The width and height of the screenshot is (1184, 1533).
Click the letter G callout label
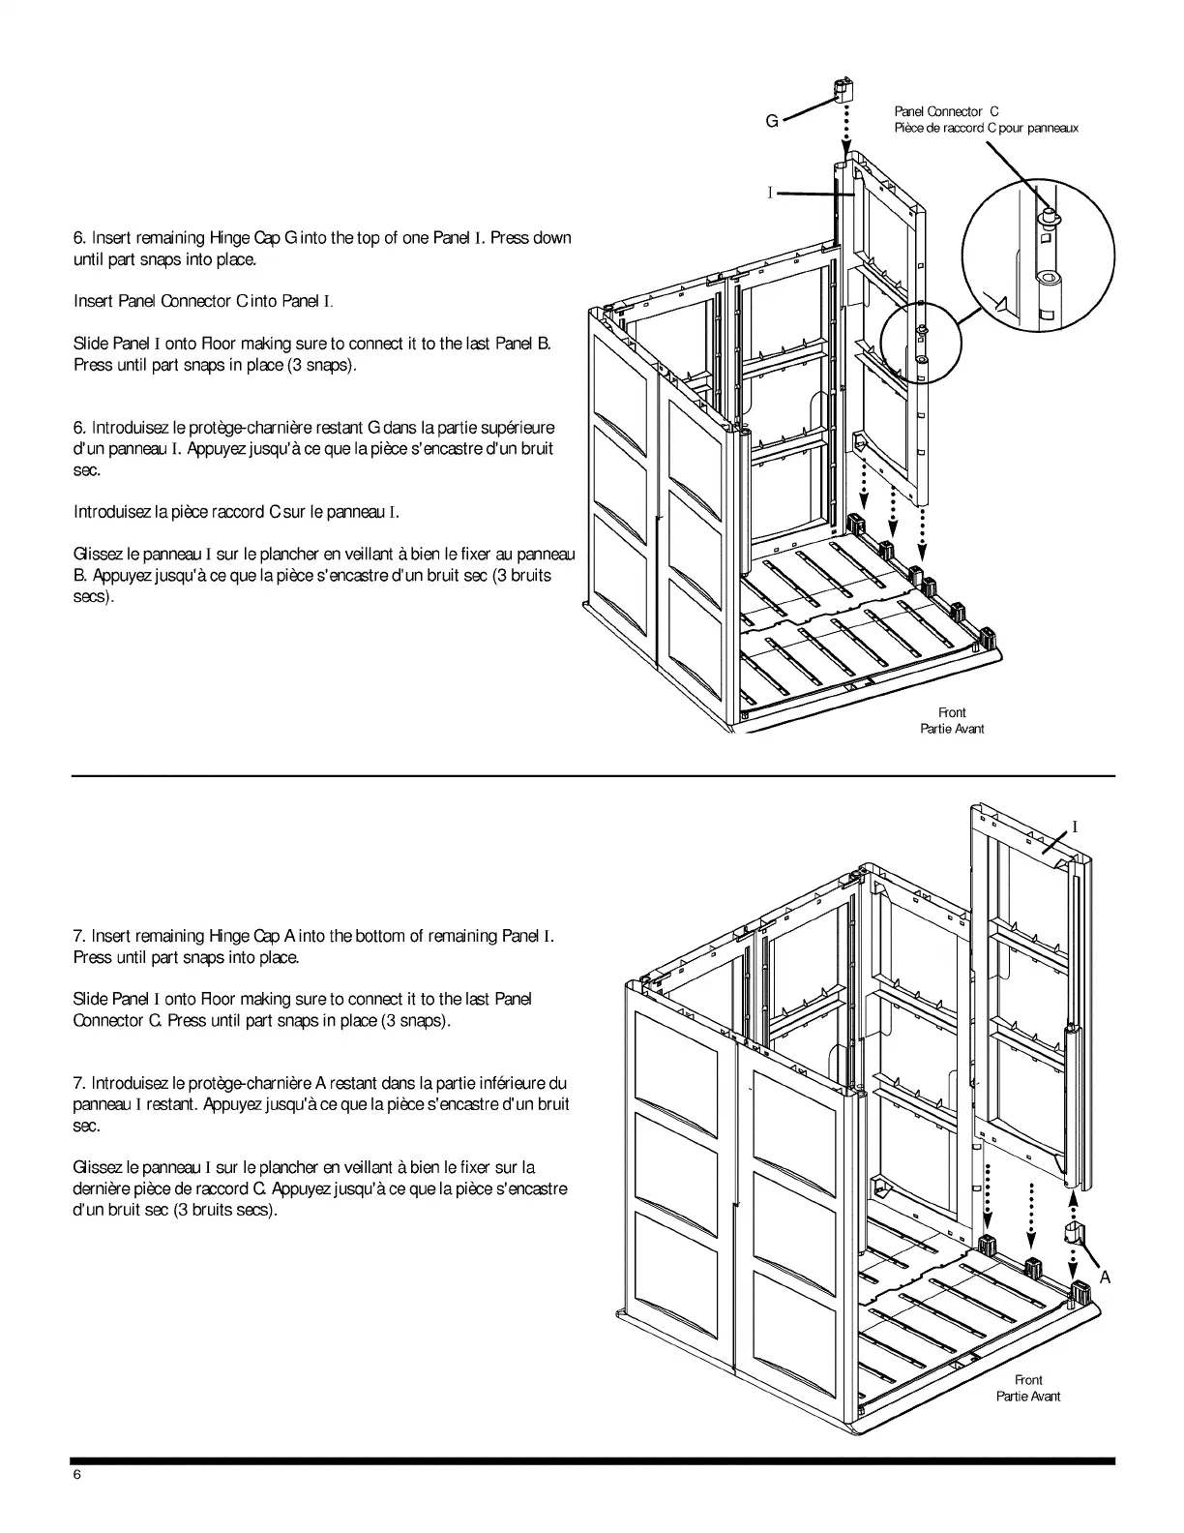tap(772, 121)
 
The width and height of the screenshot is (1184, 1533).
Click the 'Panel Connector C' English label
tap(946, 112)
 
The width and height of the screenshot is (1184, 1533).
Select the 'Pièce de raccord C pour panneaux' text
tap(986, 128)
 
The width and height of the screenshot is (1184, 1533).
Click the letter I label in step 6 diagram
tap(771, 194)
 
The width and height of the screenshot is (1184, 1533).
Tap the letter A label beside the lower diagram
tap(1105, 1277)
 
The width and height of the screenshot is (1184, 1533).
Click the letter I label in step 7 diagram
tap(1075, 827)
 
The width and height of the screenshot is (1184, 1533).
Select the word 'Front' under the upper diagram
tap(952, 712)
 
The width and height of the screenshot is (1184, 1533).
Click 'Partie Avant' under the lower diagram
tap(1028, 1396)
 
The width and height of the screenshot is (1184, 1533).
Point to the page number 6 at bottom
tap(77, 1474)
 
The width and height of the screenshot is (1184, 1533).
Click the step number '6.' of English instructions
tap(80, 238)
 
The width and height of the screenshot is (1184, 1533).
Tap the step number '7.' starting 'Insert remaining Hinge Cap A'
tap(80, 936)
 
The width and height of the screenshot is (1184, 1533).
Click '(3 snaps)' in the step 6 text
tap(315, 366)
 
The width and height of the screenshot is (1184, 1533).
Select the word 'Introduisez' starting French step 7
tap(131, 1083)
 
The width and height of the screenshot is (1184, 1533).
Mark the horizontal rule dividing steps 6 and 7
tap(592, 775)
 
